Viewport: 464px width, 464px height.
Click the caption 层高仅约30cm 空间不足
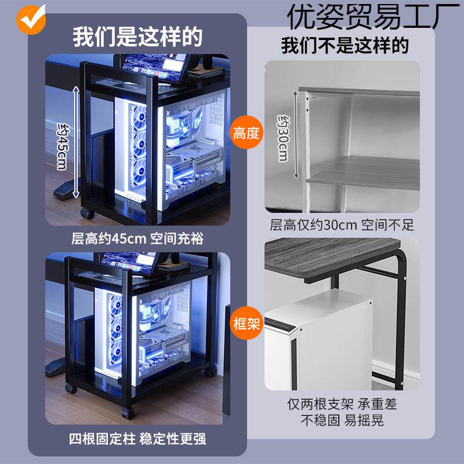click(x=342, y=225)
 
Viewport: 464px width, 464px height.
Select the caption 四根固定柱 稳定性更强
click(x=137, y=438)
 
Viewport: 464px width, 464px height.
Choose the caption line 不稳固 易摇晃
click(x=342, y=419)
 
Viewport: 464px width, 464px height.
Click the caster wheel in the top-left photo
click(x=87, y=213)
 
